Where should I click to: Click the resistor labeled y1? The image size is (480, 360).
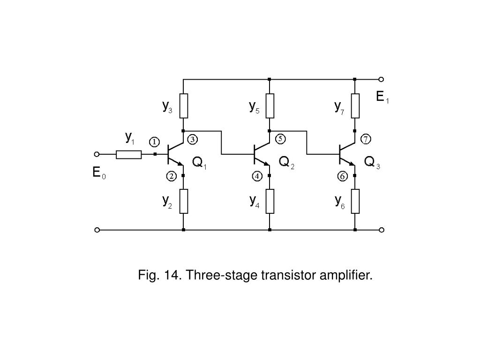pyautogui.click(x=129, y=154)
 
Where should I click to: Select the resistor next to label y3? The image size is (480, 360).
pyautogui.click(x=184, y=105)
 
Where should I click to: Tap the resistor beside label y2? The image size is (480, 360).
pyautogui.click(x=184, y=201)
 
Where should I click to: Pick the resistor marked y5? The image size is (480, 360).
pyautogui.click(x=270, y=105)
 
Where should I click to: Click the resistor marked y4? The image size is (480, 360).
pyautogui.click(x=270, y=201)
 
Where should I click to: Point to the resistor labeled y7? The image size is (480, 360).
pyautogui.click(x=355, y=105)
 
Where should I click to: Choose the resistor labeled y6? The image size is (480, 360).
pyautogui.click(x=355, y=201)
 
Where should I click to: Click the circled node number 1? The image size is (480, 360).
pyautogui.click(x=154, y=142)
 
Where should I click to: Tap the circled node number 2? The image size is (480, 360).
pyautogui.click(x=171, y=176)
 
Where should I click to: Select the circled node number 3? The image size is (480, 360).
pyautogui.click(x=193, y=139)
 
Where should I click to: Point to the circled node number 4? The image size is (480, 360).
pyautogui.click(x=257, y=176)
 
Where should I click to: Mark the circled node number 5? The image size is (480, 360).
pyautogui.click(x=280, y=139)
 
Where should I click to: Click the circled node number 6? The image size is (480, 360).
pyautogui.click(x=342, y=176)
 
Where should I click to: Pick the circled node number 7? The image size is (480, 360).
pyautogui.click(x=366, y=139)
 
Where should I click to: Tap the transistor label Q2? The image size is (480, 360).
pyautogui.click(x=286, y=163)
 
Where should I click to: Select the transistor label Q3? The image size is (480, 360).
pyautogui.click(x=372, y=163)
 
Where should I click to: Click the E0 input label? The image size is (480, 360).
pyautogui.click(x=99, y=173)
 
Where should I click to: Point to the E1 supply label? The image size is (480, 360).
pyautogui.click(x=382, y=97)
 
